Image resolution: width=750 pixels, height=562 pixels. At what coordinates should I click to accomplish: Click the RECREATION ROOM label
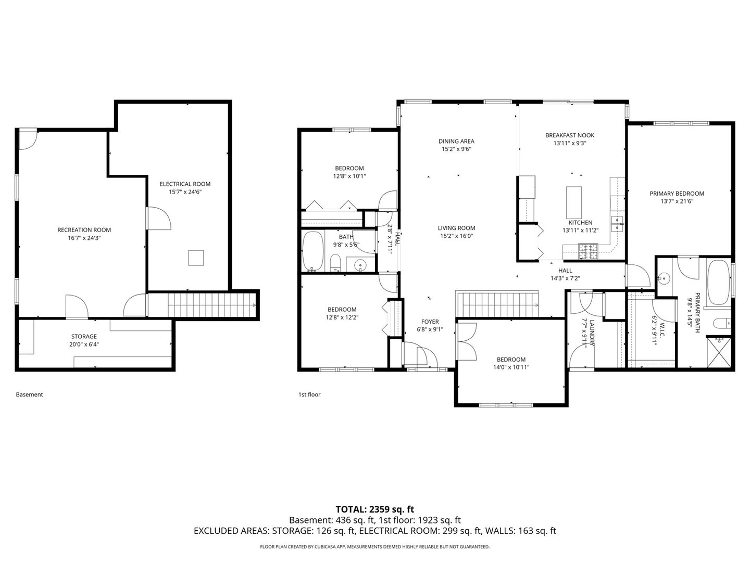84,230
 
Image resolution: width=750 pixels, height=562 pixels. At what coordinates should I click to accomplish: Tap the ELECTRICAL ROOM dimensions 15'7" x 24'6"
185,192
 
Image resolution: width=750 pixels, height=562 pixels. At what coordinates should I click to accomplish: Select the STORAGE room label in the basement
84,337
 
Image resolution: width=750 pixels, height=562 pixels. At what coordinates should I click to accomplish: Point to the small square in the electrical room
196,258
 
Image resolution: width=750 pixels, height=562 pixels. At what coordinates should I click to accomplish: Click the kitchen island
573,203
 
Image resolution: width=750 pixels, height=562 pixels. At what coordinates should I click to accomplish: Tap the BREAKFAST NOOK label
569,135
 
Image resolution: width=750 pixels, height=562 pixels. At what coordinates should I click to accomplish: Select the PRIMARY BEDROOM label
677,194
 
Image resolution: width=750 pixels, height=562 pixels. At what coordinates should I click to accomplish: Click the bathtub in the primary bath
719,283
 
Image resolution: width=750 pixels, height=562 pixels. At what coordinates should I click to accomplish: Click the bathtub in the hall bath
312,251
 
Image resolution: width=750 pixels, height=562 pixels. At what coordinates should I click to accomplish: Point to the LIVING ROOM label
456,228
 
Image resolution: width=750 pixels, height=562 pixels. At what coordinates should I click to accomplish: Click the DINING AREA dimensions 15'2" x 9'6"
456,149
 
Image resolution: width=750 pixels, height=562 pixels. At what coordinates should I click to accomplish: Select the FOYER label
430,322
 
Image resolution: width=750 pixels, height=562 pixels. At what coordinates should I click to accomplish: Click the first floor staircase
498,304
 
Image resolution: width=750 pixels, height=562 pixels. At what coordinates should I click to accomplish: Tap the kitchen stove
589,252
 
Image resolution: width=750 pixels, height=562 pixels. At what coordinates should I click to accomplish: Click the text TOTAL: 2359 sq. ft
374,509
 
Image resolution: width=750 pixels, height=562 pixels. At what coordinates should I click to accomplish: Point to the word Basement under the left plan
29,394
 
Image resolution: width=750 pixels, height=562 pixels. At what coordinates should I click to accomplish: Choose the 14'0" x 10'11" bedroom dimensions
511,367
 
